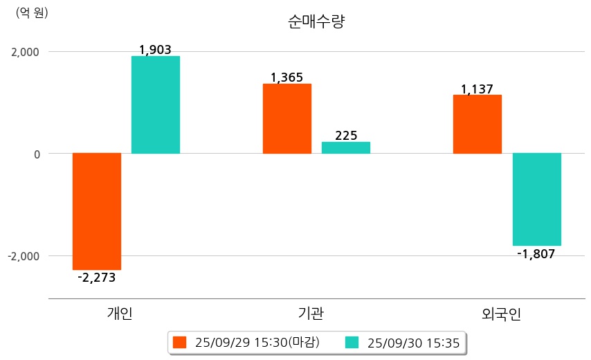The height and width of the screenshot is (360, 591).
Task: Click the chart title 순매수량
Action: pos(316,21)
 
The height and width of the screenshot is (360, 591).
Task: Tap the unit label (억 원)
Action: pos(32,12)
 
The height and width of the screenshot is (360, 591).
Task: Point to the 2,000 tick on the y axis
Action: pos(24,52)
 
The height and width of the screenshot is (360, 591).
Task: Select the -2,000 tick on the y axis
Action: pos(23,256)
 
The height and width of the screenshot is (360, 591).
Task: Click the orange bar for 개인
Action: pos(97,211)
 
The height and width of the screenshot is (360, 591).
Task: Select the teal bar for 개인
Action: pos(156,105)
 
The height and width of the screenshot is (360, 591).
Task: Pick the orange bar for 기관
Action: pos(287,118)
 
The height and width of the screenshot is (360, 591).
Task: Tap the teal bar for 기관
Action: pos(346,147)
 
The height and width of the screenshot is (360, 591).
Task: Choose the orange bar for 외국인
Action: pos(478,124)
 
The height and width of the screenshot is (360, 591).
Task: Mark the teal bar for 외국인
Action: pos(536,199)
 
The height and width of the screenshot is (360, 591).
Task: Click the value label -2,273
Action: pos(97,278)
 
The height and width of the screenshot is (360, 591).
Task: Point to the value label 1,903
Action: pos(155,50)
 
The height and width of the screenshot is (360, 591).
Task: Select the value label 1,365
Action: pos(287,78)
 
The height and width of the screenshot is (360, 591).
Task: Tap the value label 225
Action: pos(346,136)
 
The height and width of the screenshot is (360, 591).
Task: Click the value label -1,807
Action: pos(536,253)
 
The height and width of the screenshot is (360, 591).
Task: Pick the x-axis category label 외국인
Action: pos(502,314)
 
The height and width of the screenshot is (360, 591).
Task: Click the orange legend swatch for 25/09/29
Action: pos(180,342)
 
